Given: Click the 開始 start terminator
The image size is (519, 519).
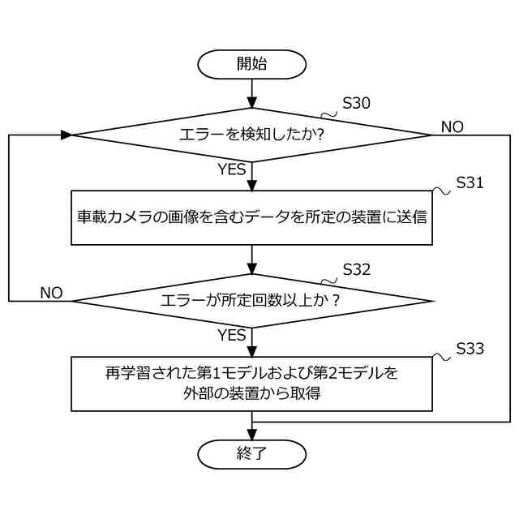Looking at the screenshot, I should [x=251, y=64].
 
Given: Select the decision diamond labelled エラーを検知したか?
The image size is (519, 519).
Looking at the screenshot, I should [x=251, y=135].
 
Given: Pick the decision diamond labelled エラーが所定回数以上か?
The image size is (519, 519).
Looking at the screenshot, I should [x=251, y=301].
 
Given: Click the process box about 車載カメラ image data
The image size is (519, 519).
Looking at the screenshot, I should [x=251, y=217].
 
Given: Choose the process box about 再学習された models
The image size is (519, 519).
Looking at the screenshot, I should [x=251, y=384].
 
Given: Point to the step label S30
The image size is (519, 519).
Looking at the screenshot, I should [x=357, y=104].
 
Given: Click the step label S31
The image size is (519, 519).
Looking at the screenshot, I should [x=470, y=183].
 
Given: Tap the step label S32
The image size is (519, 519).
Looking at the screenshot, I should [x=357, y=269].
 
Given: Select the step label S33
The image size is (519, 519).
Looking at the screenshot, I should [x=470, y=350].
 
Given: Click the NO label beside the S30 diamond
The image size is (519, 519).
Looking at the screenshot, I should [x=453, y=127].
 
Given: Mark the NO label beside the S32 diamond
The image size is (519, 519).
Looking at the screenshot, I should [x=51, y=293].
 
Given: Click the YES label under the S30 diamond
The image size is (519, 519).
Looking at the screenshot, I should [x=232, y=169].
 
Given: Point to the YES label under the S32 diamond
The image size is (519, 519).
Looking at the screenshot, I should [x=232, y=335].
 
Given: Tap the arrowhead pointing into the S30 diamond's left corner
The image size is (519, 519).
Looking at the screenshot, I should [x=66, y=135].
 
